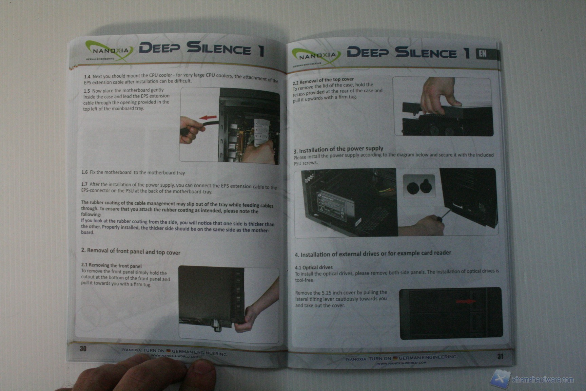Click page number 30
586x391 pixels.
click(x=83, y=349)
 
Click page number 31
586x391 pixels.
click(x=500, y=356)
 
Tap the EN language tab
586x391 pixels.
click(x=483, y=54)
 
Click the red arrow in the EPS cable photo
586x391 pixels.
click(x=208, y=118)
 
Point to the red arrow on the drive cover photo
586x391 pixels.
click(x=466, y=301)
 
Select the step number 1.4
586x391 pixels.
click(x=87, y=77)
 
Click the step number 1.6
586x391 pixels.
click(x=84, y=172)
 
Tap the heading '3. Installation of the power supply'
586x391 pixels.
click(x=338, y=149)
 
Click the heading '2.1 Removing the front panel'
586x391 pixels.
click(x=111, y=265)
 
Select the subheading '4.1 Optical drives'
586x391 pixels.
click(x=314, y=267)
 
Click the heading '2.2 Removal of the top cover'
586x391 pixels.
click(x=323, y=81)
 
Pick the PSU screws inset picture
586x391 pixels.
click(x=419, y=186)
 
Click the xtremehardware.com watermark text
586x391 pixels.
click(x=543, y=380)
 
